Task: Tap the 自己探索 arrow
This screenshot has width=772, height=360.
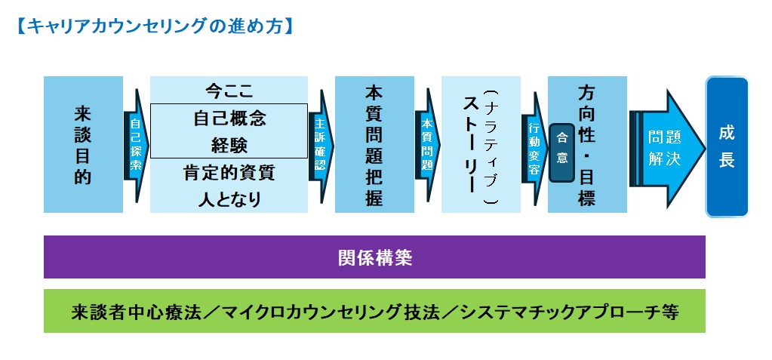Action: (x=136, y=145)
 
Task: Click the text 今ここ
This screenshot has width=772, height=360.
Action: (x=229, y=91)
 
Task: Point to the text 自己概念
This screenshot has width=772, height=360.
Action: (x=229, y=118)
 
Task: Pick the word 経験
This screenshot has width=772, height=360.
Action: (x=229, y=144)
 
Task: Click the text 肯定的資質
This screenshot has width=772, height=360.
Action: (x=229, y=173)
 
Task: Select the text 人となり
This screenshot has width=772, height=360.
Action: (x=229, y=199)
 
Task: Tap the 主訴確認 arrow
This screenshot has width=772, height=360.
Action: (x=320, y=145)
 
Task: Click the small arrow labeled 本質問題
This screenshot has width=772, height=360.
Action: (x=427, y=145)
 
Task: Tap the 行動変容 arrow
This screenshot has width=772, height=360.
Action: (x=534, y=147)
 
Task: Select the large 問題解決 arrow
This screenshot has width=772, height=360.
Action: (x=665, y=147)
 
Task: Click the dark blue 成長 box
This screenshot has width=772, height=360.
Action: (x=727, y=146)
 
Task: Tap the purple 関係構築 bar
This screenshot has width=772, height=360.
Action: (x=374, y=257)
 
